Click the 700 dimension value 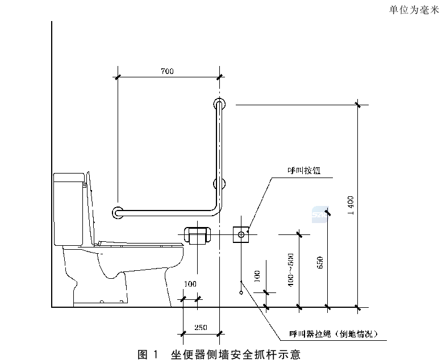point(167,71)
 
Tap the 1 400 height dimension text point(351,205)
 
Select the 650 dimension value point(320,262)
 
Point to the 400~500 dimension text point(291,270)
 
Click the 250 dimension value point(201,327)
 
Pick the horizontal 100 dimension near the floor point(190,284)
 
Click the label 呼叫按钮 point(304,171)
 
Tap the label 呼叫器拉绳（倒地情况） point(333,334)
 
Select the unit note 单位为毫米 point(414,10)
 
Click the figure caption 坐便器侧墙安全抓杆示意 point(236,354)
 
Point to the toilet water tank point(69,209)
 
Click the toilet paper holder point(197,235)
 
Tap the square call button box point(241,234)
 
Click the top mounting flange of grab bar point(219,104)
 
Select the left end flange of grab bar point(118,213)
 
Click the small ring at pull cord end point(241,292)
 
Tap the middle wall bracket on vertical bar point(219,184)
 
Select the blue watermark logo point(320,214)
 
